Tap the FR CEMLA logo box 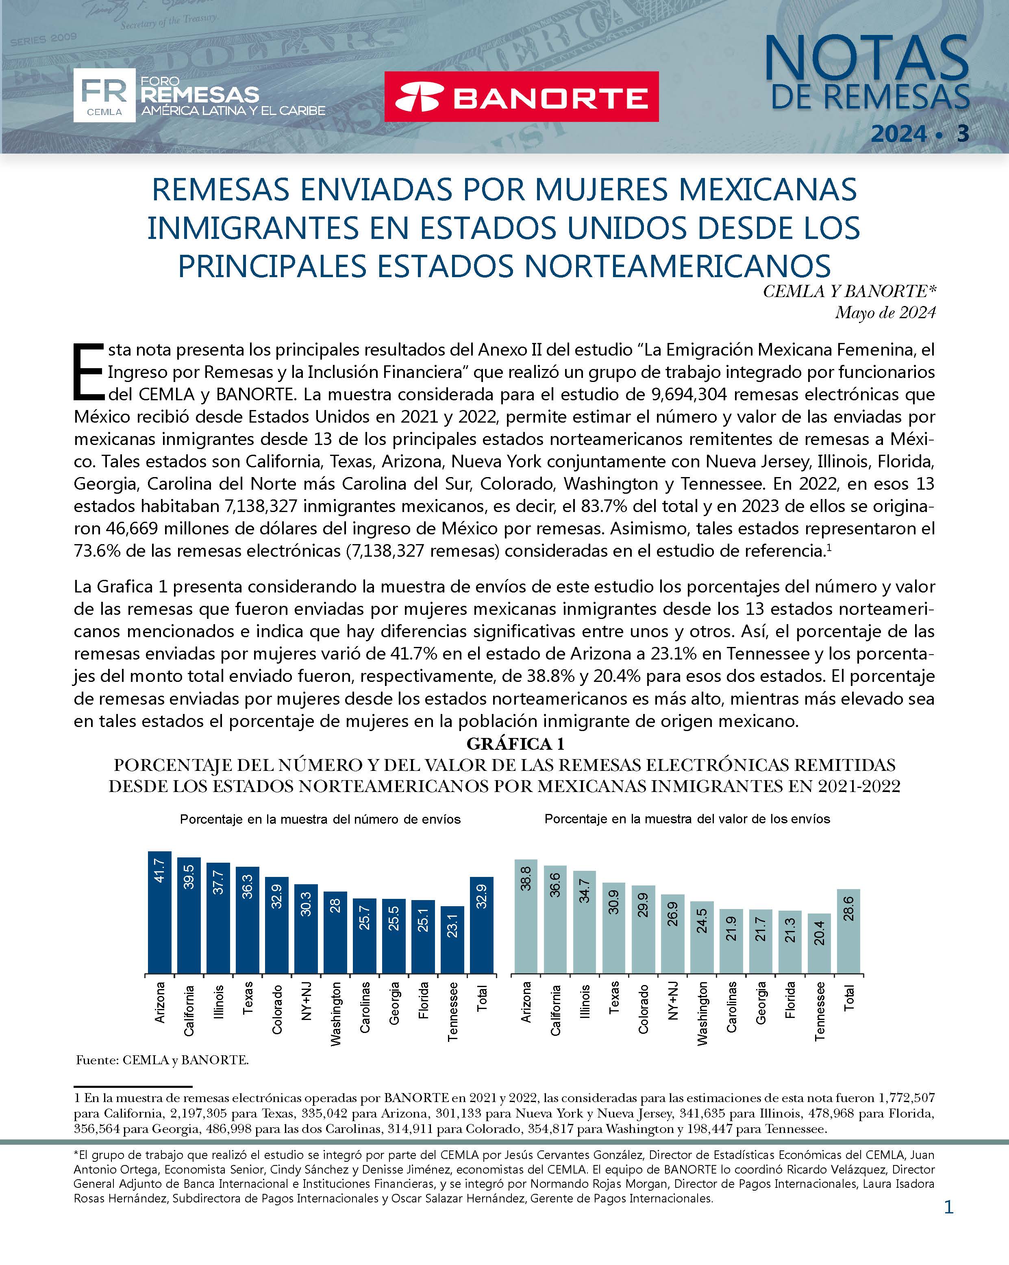tap(104, 95)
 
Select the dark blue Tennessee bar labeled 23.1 tap(452, 941)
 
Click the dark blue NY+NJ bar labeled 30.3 tap(306, 929)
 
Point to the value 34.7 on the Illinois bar tap(585, 891)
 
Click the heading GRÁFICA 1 tap(515, 744)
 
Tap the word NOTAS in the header tap(866, 58)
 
